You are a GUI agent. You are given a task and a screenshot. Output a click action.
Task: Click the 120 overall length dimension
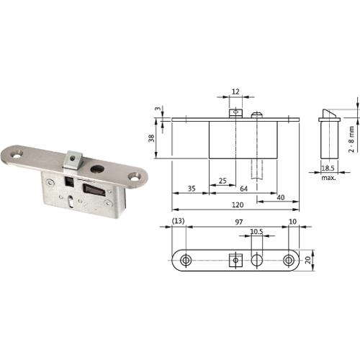coord(238,204)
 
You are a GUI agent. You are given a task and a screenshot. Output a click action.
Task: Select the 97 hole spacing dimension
coord(239,222)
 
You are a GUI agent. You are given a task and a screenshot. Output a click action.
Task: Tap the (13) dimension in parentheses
coord(179,221)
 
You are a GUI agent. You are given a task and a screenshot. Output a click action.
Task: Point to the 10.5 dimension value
coord(256,232)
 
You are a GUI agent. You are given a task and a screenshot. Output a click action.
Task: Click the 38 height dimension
coord(151,138)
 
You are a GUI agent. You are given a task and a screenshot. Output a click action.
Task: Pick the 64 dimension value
coord(243,189)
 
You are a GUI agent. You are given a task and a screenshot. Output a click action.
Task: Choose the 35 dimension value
coord(192,189)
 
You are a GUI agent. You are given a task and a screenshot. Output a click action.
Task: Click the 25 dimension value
coord(222,181)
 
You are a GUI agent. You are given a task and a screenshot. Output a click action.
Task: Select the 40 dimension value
coord(281,197)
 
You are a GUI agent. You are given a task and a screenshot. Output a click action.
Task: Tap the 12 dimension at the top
coord(235,91)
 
